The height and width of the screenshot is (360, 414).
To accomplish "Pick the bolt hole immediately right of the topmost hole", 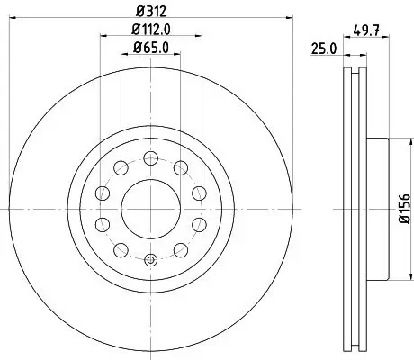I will coord(180,166).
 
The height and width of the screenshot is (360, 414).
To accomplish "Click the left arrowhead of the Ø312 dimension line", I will coord(12,17).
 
